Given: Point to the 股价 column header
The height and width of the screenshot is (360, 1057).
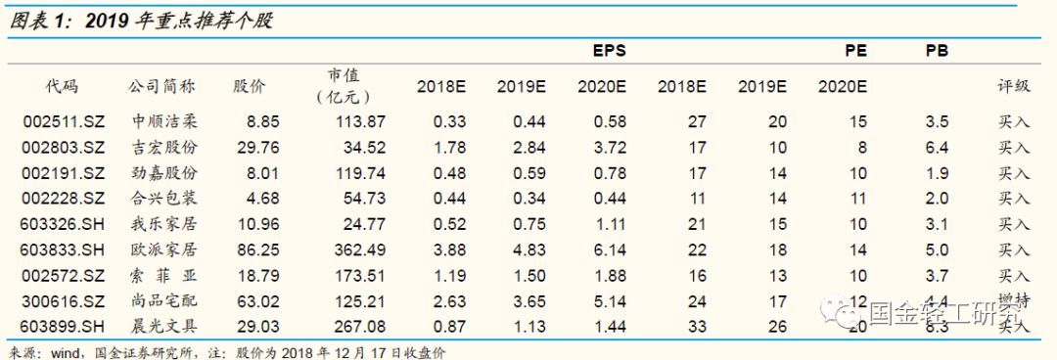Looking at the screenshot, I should (x=249, y=85).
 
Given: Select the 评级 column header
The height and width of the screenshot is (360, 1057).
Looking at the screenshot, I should (x=1014, y=85).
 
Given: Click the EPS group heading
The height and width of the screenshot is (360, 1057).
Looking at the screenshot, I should (x=609, y=51).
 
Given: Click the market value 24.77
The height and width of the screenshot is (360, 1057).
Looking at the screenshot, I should (x=362, y=225).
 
